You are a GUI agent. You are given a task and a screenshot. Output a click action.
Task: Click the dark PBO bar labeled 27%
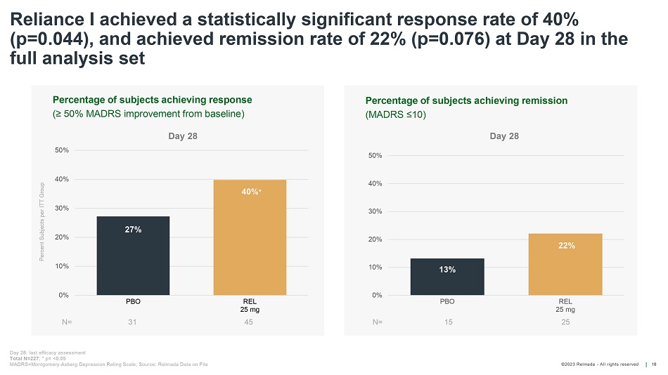pos(133,256)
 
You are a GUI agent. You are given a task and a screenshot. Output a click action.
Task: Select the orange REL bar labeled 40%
pos(250,237)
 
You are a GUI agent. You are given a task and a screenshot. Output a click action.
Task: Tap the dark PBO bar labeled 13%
pos(447,277)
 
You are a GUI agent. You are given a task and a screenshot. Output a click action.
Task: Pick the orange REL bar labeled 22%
pos(565,264)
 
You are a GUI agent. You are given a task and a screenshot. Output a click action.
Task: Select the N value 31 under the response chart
pos(133,322)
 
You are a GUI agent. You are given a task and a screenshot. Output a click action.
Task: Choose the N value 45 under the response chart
pos(249,322)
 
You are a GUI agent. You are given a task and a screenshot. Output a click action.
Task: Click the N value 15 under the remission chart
pos(447,322)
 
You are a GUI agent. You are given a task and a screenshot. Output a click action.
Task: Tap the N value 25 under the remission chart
pos(565,322)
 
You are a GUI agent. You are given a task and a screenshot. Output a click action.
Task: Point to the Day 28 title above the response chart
pos(183,136)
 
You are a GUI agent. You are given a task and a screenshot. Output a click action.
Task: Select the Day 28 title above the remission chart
pos(504,136)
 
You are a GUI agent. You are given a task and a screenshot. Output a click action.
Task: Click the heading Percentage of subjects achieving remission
pos(466,100)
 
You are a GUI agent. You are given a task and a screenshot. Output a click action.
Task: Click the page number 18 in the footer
pos(655,364)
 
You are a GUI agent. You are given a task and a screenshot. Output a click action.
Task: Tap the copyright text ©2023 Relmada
pos(600,364)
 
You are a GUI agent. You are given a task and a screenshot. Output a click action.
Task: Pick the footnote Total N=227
pos(26,358)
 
